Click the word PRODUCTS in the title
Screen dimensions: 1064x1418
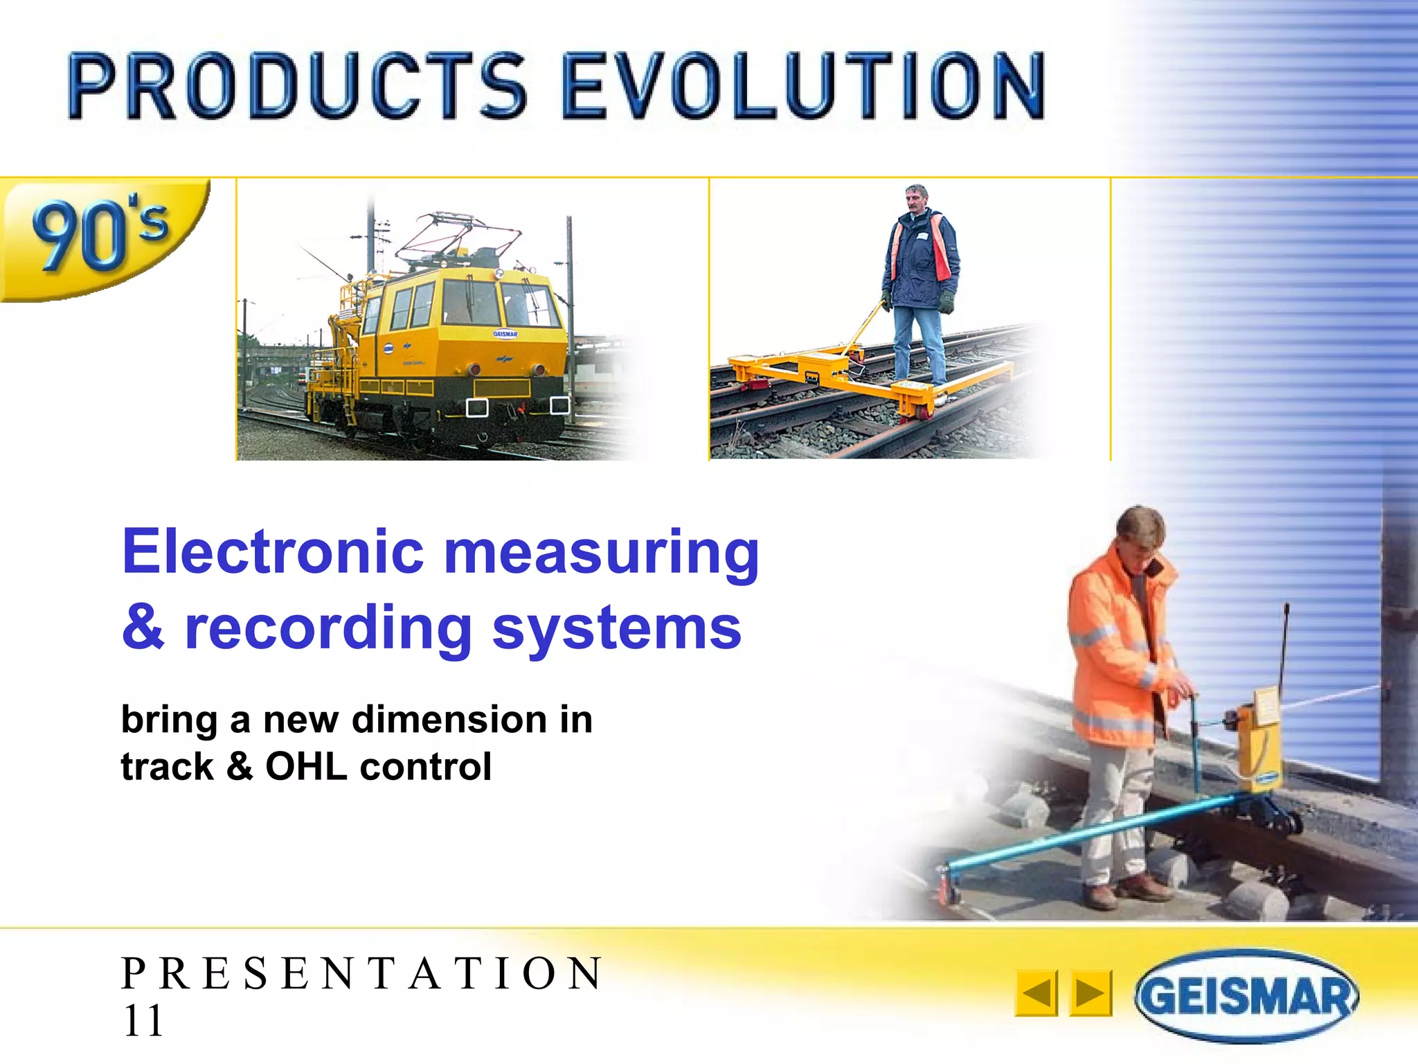(298, 87)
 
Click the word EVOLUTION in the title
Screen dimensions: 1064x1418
(803, 87)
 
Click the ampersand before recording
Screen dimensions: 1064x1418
(144, 627)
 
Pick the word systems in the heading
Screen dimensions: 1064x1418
(616, 629)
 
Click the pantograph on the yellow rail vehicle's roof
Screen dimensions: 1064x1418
(457, 236)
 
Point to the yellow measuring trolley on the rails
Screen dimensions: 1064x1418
(852, 378)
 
